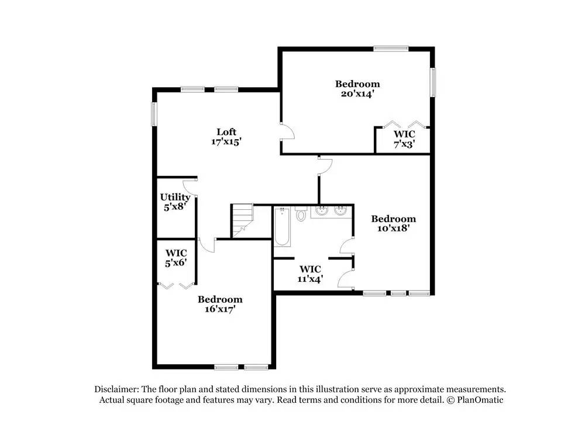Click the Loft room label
point(226,132)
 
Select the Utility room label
point(175,197)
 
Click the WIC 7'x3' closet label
point(404,134)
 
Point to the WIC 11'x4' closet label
point(310,269)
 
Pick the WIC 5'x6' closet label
point(175,253)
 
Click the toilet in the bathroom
point(301,215)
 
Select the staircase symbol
point(242,220)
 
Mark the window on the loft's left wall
point(154,113)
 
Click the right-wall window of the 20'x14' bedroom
point(433,82)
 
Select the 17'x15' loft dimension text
point(226,141)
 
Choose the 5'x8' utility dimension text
point(175,206)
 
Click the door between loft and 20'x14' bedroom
point(287,132)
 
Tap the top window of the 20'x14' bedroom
point(391,49)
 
